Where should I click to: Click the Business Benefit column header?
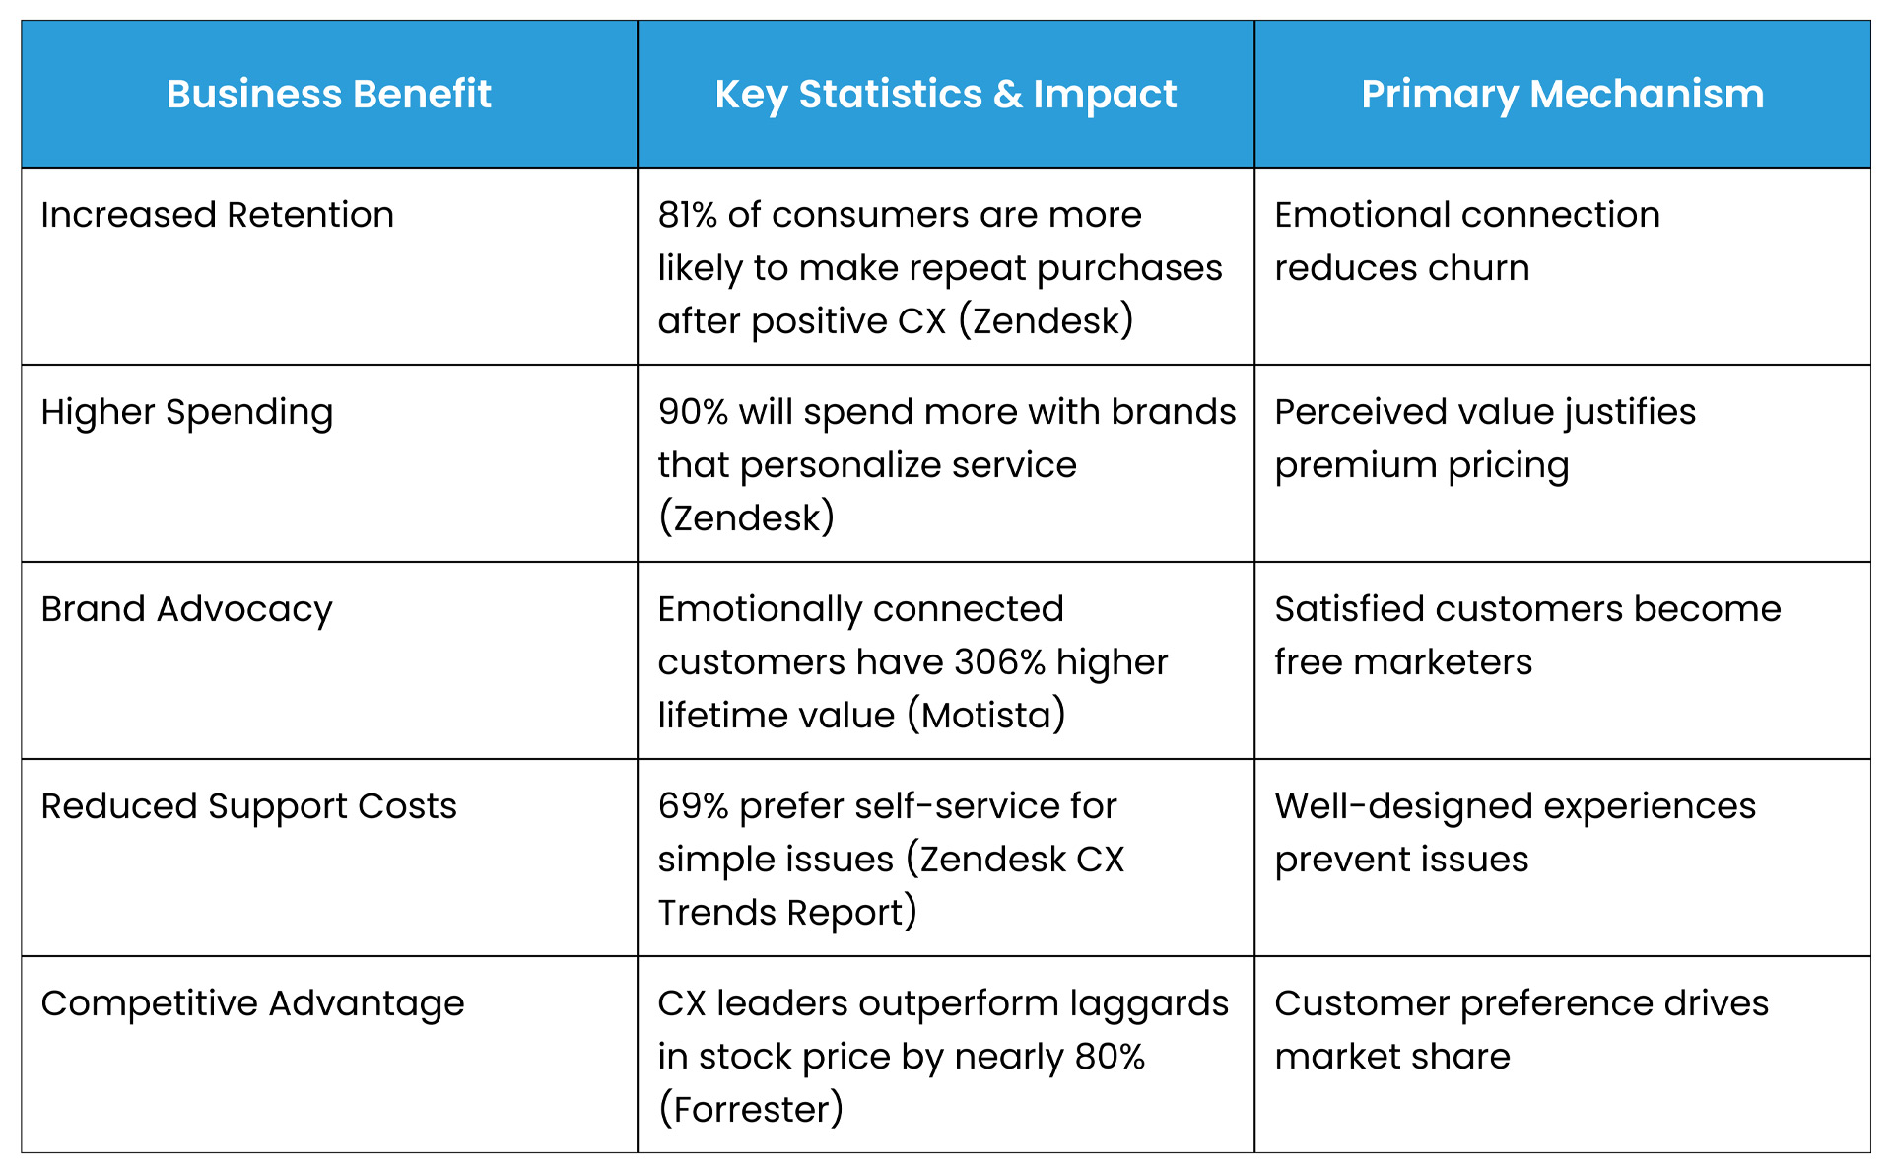click(328, 95)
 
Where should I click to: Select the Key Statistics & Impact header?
click(945, 95)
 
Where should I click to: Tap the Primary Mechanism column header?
click(1562, 95)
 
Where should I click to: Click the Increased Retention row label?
click(217, 215)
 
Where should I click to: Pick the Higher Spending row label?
click(187, 412)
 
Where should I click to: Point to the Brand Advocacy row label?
click(186, 609)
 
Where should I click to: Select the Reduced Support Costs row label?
click(248, 806)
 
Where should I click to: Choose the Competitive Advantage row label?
click(252, 1003)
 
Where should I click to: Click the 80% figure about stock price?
click(1110, 1057)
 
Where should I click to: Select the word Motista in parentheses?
click(986, 716)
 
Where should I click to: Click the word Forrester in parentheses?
click(751, 1110)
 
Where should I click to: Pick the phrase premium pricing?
click(1421, 465)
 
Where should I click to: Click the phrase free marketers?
click(1403, 662)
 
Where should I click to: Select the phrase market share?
click(1391, 1057)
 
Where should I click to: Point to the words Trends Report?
click(780, 913)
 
